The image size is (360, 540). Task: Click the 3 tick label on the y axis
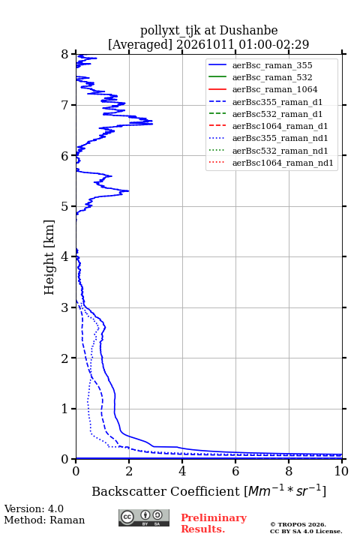(65, 307)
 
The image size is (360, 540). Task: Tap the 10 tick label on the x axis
(341, 471)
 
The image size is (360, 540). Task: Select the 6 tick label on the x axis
(235, 471)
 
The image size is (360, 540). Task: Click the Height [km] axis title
(49, 257)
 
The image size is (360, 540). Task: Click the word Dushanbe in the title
(248, 30)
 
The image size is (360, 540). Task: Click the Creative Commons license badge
(144, 518)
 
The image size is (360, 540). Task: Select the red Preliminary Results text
(214, 523)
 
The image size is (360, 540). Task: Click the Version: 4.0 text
(34, 508)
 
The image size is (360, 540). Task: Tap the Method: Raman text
(44, 520)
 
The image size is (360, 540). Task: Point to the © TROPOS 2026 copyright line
(298, 524)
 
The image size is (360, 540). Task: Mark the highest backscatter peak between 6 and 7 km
(152, 123)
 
